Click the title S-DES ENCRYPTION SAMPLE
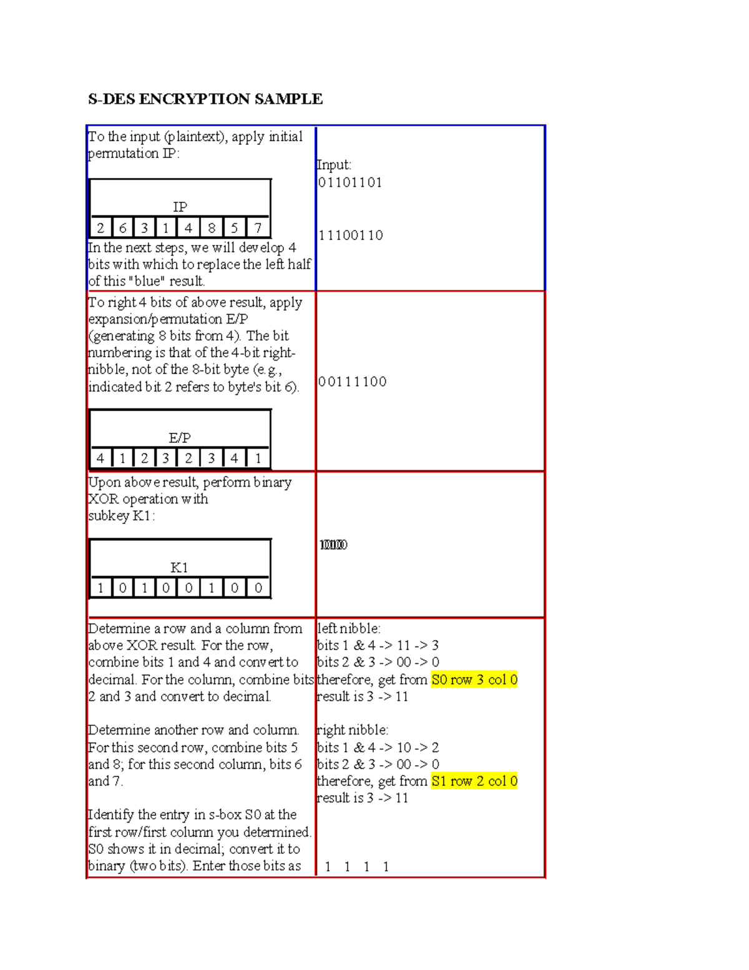pos(205,99)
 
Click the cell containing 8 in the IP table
pos(212,228)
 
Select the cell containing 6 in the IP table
pos(122,228)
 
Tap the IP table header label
pos(180,207)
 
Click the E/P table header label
pos(180,438)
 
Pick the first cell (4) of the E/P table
pos(100,458)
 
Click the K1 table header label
pos(180,567)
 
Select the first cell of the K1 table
pos(100,588)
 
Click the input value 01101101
pos(350,182)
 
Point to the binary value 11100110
pos(351,235)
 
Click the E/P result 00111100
pos(352,382)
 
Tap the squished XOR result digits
pos(333,545)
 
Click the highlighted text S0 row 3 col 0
pos(474,680)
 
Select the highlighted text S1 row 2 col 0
pos(474,781)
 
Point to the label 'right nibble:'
pos(353,730)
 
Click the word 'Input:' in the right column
pos(334,165)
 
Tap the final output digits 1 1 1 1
pos(356,867)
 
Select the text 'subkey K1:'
pos(121,516)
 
